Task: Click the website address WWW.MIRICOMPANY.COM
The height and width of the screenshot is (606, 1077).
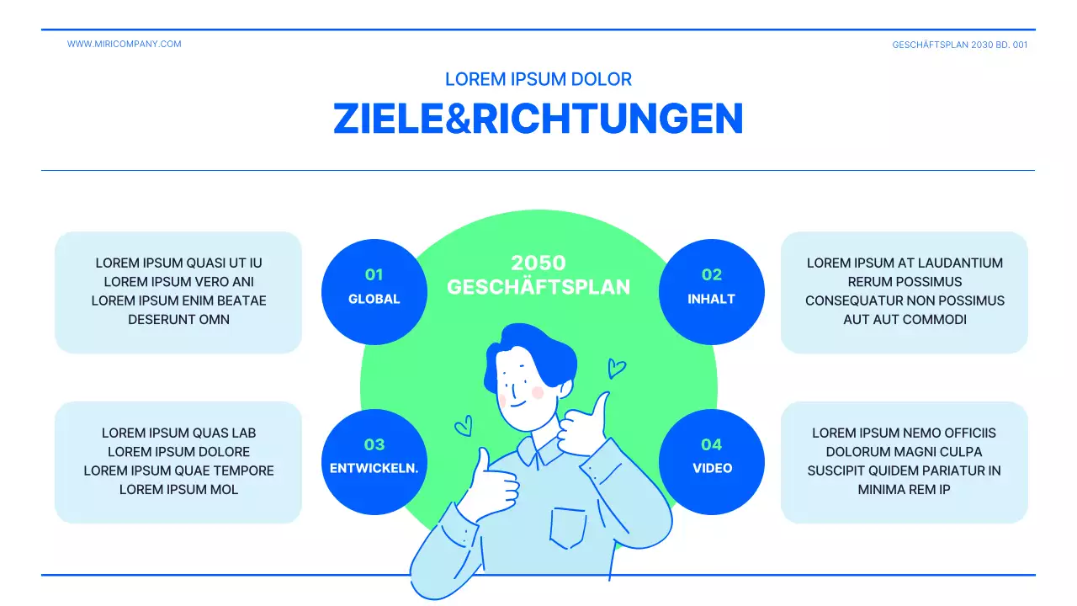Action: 124,44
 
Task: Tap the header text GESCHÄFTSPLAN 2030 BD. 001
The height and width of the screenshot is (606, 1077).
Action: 959,45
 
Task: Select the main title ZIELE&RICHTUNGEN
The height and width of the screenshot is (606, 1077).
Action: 538,119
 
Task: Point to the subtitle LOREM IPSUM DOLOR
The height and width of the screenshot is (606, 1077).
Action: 538,79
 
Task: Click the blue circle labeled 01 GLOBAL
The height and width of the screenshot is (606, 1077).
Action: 374,291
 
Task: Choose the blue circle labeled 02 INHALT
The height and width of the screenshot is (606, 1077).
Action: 711,291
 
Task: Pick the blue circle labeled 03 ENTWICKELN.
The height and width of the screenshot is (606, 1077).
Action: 374,461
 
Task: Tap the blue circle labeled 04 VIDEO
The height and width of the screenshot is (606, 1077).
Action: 711,461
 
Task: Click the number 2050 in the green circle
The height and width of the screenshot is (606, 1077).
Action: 538,263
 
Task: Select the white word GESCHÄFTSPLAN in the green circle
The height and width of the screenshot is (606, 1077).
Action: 538,287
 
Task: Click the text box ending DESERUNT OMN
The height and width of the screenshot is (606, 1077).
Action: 178,291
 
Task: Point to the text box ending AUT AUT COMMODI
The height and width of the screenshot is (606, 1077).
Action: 905,291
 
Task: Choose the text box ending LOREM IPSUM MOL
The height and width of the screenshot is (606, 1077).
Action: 178,461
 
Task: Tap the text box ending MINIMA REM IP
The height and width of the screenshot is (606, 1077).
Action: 905,461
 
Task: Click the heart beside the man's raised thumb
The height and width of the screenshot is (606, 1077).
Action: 617,368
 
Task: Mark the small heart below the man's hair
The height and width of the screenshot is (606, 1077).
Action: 464,427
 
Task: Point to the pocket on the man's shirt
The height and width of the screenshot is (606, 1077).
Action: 568,527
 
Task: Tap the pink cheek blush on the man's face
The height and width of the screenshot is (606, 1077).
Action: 538,392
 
